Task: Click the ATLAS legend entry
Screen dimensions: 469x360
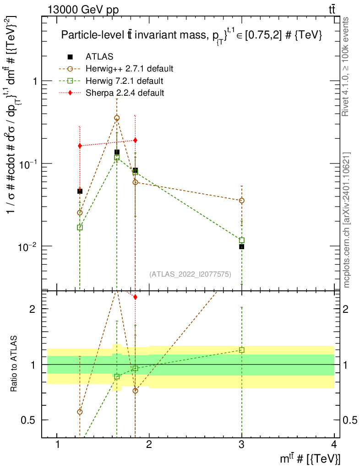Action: point(99,57)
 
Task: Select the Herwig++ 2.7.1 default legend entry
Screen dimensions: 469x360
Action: point(129,69)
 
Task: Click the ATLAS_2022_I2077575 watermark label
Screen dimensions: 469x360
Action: point(190,274)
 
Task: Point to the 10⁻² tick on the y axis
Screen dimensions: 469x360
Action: point(30,246)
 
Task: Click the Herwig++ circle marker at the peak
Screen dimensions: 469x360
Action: point(117,118)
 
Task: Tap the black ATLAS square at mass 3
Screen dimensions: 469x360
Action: point(241,247)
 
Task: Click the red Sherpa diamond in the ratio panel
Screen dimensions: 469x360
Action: point(135,297)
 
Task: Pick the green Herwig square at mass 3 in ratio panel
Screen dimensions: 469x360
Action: point(241,350)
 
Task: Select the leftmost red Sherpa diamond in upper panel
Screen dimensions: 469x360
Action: point(80,146)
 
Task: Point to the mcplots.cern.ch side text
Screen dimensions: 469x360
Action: point(346,220)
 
